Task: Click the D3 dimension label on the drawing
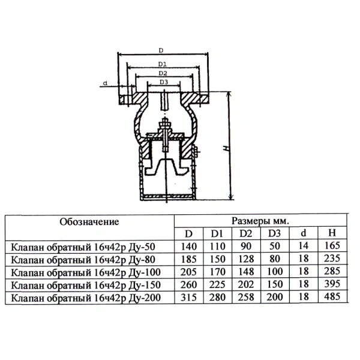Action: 164,82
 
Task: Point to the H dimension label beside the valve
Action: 227,148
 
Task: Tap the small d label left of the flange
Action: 105,83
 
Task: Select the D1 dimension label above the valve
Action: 163,64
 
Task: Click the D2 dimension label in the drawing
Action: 163,73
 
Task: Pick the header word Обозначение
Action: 89,222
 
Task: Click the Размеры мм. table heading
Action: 260,221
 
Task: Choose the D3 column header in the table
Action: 275,233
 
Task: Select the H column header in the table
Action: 332,233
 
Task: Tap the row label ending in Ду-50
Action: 83,247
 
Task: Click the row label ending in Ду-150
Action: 86,285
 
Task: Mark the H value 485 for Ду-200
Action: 332,296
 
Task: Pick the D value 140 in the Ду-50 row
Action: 189,247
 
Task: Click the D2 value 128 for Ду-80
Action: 246,259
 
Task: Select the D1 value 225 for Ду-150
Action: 217,284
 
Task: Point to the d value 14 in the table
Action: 303,245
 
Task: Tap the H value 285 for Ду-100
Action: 332,271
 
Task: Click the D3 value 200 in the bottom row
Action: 275,297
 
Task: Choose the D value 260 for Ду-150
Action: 189,284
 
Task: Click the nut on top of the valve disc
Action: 164,125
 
